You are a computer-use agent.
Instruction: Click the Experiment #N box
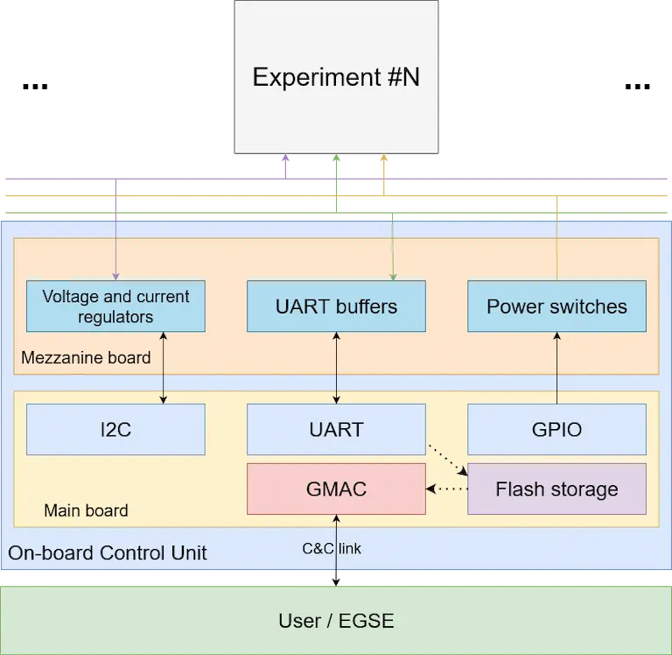coord(336,78)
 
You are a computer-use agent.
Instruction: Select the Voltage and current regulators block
coord(115,306)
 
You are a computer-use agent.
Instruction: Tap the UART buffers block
coord(336,306)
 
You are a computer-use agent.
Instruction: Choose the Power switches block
coord(556,306)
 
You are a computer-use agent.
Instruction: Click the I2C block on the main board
coord(115,429)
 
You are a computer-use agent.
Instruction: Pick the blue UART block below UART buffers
coord(336,429)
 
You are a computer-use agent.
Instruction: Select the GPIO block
coord(556,429)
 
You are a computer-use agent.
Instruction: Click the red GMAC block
coord(336,489)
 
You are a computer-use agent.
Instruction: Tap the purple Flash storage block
coord(556,489)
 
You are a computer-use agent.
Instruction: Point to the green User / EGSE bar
coord(336,621)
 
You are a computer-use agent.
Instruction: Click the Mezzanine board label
coord(86,357)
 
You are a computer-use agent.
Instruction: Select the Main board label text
coord(86,511)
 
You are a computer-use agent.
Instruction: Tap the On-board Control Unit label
coord(108,553)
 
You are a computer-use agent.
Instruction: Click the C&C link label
coord(332,549)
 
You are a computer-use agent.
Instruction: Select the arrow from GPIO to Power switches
coord(556,368)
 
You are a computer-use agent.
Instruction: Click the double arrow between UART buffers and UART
coord(336,368)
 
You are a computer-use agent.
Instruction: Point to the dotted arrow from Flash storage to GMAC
coord(447,489)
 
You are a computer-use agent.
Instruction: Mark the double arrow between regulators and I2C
coord(164,368)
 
